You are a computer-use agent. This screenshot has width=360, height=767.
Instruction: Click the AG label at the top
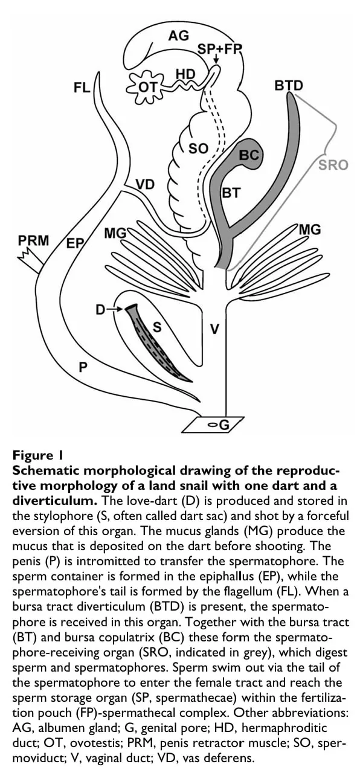point(178,35)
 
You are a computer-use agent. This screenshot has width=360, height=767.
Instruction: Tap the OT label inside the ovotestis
point(147,88)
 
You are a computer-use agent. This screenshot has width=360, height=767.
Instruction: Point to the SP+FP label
point(219,50)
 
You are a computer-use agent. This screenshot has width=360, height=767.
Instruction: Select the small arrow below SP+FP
point(216,59)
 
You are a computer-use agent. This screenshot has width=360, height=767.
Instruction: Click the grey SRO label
point(333,165)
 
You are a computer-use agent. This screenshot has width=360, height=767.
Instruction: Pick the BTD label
point(289,85)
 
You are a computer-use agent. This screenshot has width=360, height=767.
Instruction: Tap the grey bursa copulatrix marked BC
point(249,154)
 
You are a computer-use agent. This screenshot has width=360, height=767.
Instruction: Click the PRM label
point(34,240)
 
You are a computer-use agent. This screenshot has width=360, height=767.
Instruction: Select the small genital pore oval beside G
point(213,425)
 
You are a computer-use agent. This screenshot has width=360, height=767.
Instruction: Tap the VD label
point(145,185)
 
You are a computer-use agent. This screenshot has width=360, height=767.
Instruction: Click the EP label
point(75,243)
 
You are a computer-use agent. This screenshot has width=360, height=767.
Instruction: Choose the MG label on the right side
point(310,229)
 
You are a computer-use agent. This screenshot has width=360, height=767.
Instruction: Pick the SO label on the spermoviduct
point(198,148)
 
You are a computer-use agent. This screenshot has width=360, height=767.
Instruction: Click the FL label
point(82,88)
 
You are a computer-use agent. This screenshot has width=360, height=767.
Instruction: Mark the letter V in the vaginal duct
point(214,329)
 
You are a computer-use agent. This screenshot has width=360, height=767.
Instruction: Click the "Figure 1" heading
point(37,455)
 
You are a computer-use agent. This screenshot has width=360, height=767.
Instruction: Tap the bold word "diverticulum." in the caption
point(55,501)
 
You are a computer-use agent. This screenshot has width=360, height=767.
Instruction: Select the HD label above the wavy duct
point(185,74)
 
